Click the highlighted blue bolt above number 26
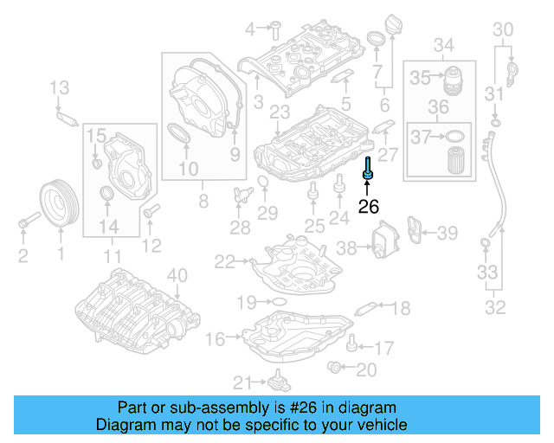369,170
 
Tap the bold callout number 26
369,207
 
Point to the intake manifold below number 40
130,307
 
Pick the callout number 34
443,44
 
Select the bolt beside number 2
25,225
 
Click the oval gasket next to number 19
277,301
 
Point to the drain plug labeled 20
334,370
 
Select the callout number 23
280,112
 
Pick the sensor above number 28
240,196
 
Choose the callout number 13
58,87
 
